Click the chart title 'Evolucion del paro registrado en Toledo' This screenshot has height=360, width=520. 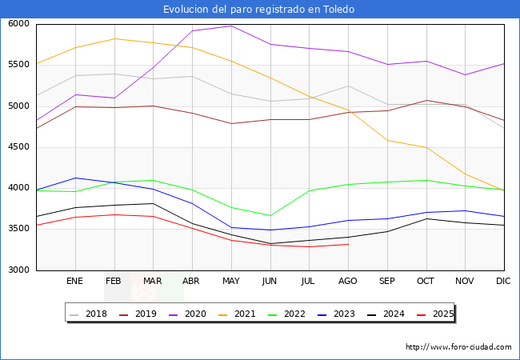tap(258, 9)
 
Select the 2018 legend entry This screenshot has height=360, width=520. tap(88, 314)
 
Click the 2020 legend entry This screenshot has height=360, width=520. tap(187, 314)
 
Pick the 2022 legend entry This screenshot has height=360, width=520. tap(286, 314)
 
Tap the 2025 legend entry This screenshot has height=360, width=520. tap(435, 314)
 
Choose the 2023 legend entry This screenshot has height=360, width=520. tap(336, 314)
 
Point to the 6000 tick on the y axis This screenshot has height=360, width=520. tap(18, 23)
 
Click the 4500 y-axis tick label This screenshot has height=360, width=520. tap(18, 147)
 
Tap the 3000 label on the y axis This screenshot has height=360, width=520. tap(18, 270)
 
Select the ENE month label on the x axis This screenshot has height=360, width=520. tap(74, 281)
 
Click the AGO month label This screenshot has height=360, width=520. tap(347, 281)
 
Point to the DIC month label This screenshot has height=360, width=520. tap(503, 281)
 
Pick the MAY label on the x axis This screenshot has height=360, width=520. tap(231, 281)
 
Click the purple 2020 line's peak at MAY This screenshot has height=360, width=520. tap(231, 26)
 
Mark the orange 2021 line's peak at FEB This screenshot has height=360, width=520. tap(114, 38)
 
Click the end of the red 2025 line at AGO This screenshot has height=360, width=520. tap(348, 244)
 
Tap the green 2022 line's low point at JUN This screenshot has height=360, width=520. tap(270, 216)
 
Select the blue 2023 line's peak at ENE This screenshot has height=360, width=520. tap(76, 178)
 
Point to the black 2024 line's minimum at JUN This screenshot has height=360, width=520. tap(270, 244)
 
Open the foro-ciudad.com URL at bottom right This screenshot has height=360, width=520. tap(458, 347)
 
